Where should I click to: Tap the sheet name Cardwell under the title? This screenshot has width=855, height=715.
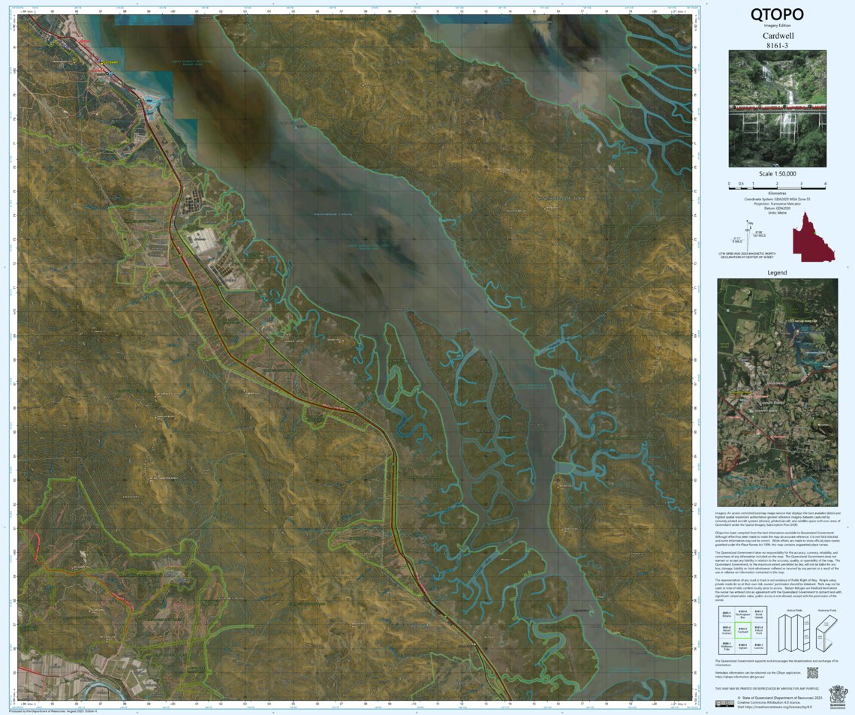(777, 35)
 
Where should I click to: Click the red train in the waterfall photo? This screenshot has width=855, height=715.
(777, 108)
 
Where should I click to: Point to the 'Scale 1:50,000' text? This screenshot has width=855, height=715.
(777, 174)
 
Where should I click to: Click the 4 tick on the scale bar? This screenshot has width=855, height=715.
(825, 183)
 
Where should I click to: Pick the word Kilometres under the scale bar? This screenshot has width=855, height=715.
(777, 193)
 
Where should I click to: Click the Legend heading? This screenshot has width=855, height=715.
(777, 272)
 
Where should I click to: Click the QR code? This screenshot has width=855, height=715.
(811, 673)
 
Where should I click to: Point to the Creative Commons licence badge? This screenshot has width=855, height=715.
(724, 704)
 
